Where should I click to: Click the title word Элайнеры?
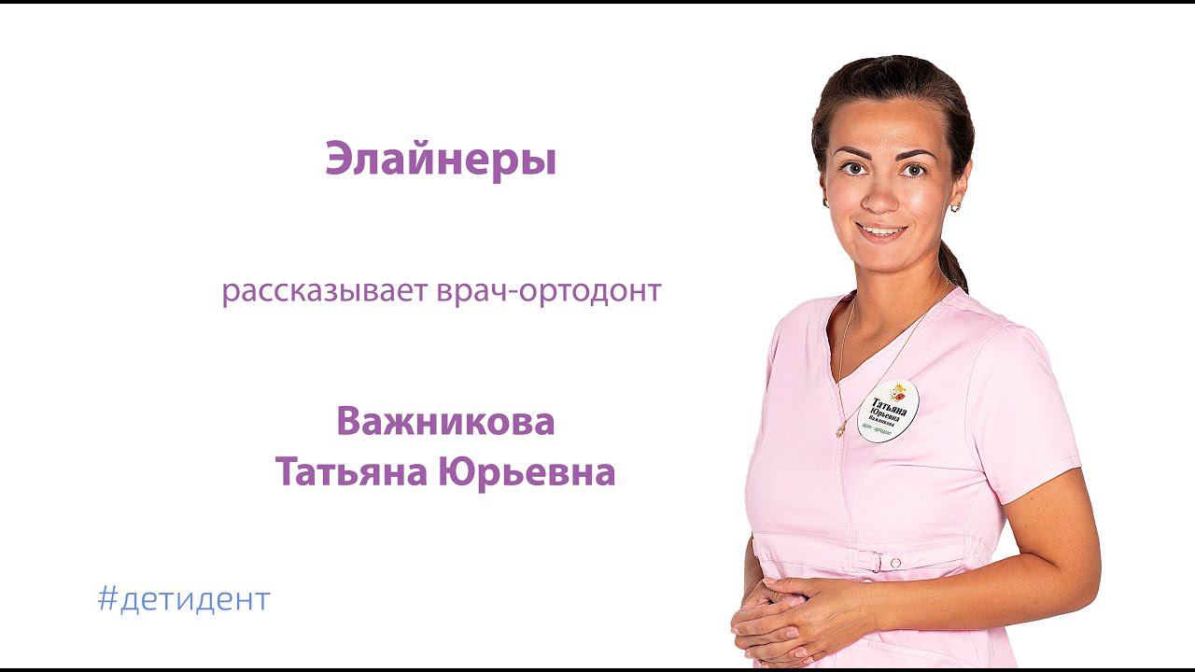(441, 160)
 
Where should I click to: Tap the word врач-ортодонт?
(548, 291)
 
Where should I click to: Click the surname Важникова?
(445, 422)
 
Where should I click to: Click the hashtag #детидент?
(183, 599)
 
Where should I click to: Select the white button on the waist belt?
(895, 563)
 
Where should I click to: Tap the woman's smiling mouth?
(881, 231)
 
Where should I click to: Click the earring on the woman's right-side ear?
(954, 206)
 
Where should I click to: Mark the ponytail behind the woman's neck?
(953, 266)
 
